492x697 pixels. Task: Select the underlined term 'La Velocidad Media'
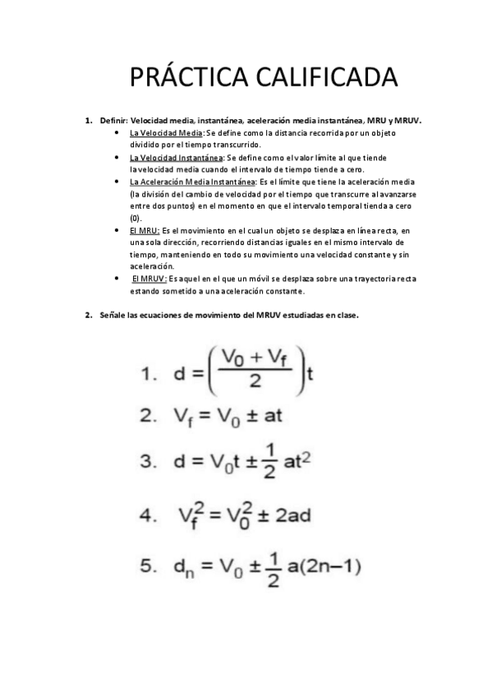[166, 132]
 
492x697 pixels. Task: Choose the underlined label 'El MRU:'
[145, 231]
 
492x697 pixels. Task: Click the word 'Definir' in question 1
[113, 120]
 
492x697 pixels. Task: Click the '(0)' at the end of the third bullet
[136, 219]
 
